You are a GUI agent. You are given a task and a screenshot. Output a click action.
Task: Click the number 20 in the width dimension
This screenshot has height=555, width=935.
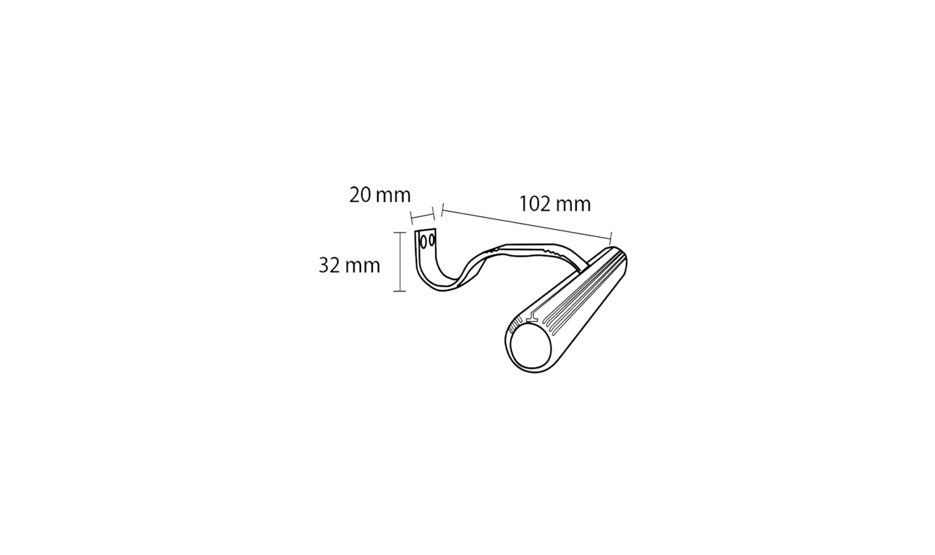tap(360, 196)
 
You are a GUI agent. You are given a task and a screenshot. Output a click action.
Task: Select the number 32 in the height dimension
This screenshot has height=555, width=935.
tap(329, 266)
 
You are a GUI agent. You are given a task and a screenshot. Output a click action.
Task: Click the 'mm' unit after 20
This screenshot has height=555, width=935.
tap(393, 196)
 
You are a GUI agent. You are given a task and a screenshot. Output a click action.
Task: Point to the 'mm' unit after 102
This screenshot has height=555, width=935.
tap(573, 205)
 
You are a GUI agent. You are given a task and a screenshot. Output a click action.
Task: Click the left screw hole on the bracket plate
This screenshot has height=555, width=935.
tap(424, 241)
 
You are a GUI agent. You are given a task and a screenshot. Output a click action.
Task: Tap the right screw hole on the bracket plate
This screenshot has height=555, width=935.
tap(432, 240)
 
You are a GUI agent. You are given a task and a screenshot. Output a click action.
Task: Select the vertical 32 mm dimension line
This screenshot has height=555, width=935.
tap(400, 261)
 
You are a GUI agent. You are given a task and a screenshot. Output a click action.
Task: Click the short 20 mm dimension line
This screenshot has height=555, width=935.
tap(423, 216)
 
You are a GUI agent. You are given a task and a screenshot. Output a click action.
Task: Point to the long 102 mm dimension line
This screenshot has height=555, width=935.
tap(526, 224)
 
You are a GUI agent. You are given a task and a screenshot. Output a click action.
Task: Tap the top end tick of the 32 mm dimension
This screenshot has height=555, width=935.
tap(400, 233)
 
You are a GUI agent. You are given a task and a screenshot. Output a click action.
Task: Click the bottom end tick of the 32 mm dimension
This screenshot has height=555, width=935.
tap(400, 291)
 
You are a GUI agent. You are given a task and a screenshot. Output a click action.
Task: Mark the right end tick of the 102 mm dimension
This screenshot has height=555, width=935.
tap(610, 238)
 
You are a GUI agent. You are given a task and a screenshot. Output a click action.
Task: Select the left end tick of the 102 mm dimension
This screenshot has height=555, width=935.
tap(442, 211)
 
